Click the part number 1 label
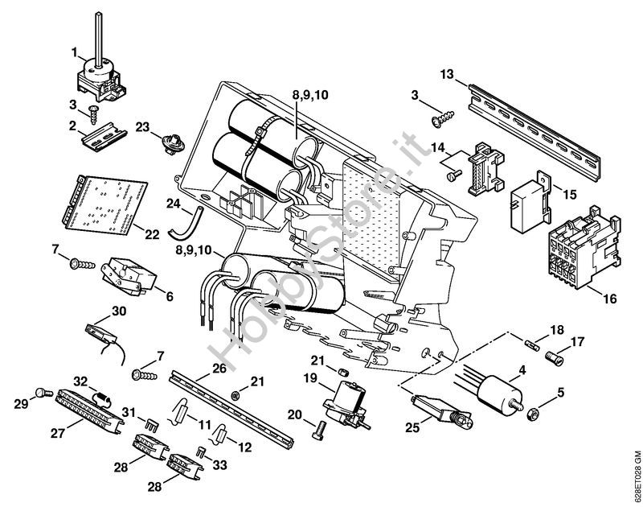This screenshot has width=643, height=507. click(75, 53)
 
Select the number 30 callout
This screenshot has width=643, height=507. click(119, 311)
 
